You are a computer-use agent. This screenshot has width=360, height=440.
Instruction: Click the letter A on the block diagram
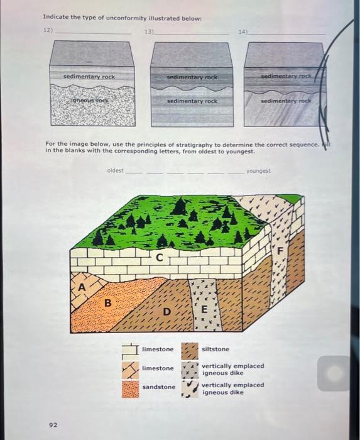80,287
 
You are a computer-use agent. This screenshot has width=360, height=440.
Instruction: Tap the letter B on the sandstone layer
107,302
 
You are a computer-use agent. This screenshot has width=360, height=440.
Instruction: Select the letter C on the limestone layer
159,256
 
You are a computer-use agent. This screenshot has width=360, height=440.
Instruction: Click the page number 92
53,425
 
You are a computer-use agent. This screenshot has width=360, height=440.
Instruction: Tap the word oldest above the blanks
115,170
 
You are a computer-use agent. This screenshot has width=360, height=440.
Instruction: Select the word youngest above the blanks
258,170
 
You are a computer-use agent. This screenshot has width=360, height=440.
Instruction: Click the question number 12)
47,30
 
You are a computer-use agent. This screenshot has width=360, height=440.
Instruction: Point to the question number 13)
149,30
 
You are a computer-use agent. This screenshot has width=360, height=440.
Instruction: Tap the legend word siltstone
215,349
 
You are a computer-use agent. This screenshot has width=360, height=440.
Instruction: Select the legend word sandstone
159,387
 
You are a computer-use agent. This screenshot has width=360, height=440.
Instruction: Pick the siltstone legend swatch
190,349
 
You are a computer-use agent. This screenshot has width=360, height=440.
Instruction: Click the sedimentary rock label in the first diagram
89,77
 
